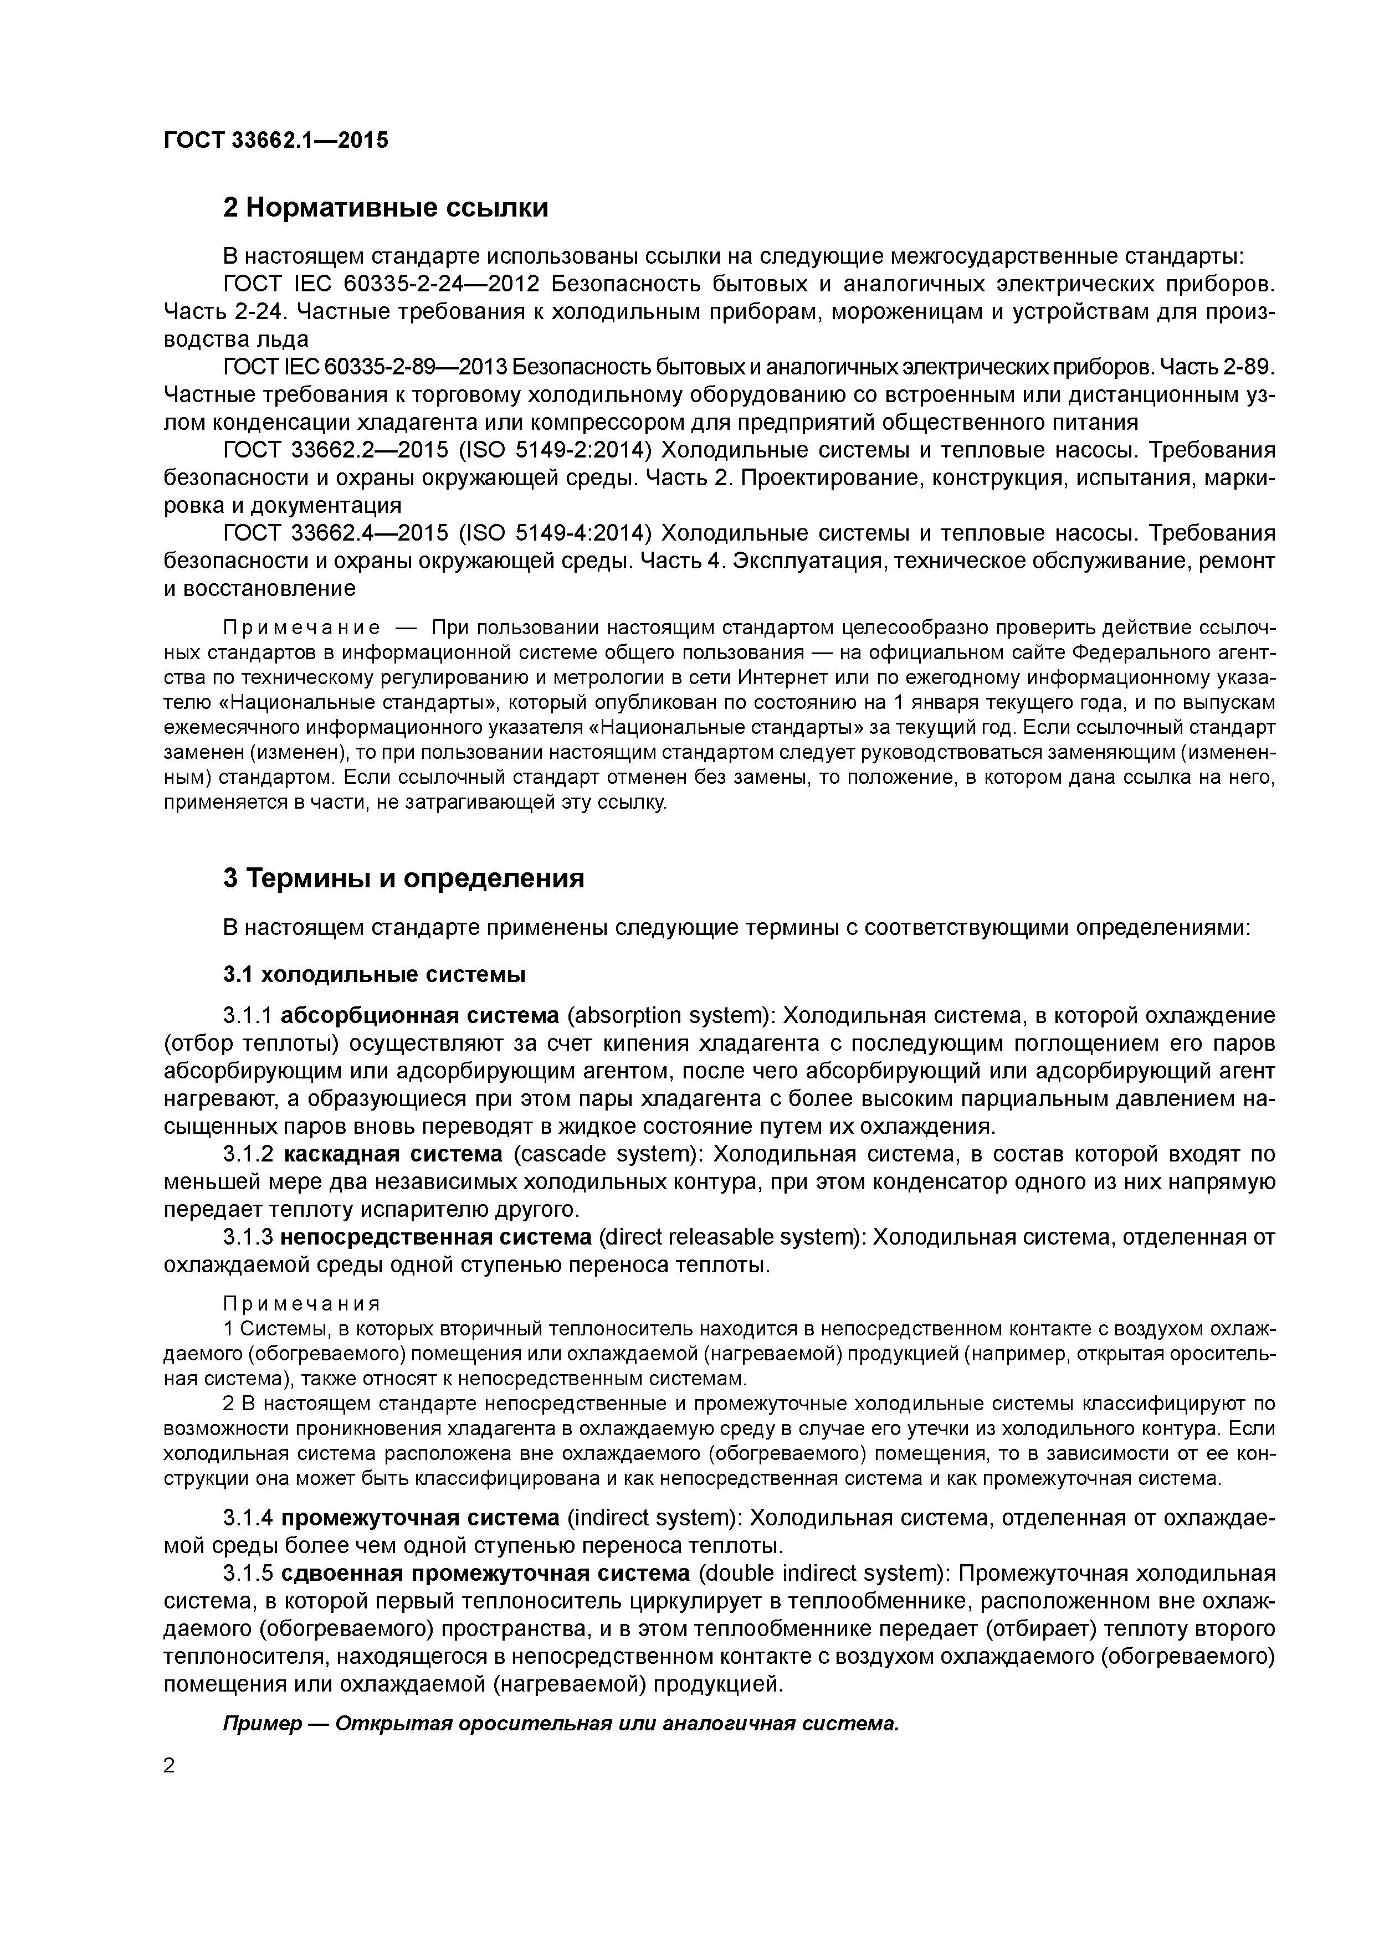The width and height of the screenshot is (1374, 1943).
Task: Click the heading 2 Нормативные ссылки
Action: (x=385, y=207)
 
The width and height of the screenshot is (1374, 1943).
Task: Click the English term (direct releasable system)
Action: (x=729, y=1237)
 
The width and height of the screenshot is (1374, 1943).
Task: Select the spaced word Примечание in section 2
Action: (x=300, y=628)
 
